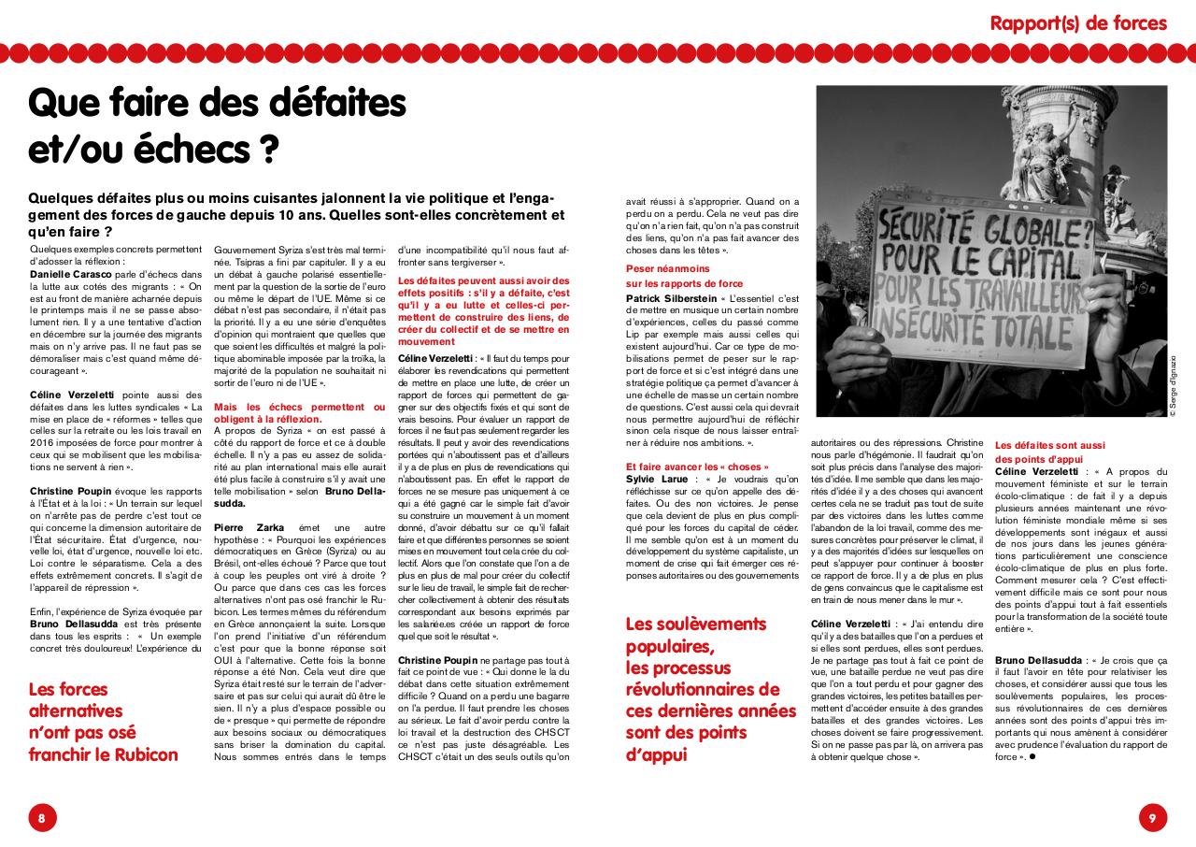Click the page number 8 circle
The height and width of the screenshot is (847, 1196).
coord(42,818)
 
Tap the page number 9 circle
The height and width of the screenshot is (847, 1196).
coord(1153,818)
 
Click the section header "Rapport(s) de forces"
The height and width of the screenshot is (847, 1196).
coord(1078,22)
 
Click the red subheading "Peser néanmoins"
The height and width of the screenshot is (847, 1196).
coord(667,268)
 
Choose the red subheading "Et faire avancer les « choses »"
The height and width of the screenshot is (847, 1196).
coord(698,467)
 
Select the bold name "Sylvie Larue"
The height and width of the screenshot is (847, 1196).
coord(658,479)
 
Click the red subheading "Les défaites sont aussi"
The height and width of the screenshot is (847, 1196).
coord(1050,446)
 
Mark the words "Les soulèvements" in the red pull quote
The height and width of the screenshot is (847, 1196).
coord(695,624)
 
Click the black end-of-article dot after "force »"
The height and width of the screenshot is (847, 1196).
coord(1032,756)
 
